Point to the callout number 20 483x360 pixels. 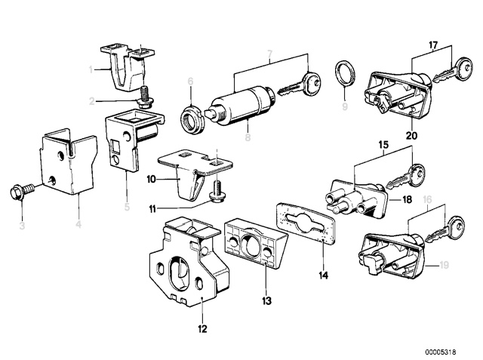(411, 137)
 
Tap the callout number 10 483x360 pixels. (151, 180)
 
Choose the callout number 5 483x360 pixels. (126, 203)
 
